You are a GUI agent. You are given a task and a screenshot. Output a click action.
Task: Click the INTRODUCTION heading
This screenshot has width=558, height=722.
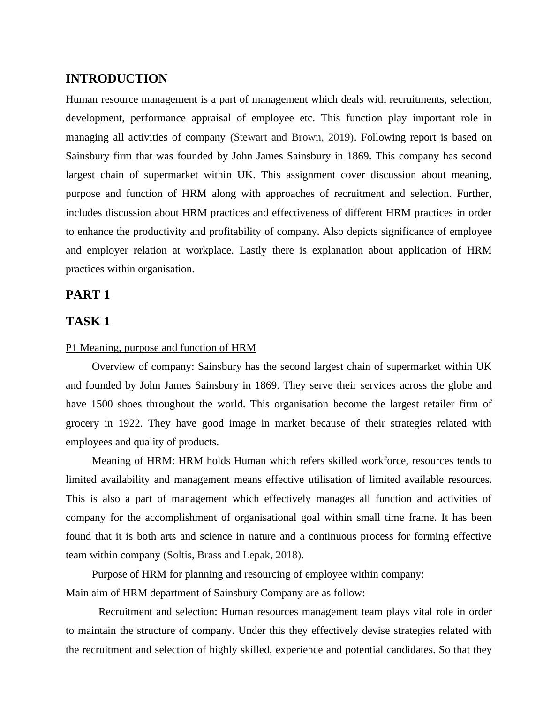tap(116, 79)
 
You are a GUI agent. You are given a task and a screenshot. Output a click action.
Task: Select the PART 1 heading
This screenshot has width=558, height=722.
tap(88, 295)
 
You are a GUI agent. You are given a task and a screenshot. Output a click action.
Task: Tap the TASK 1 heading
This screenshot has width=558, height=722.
tap(88, 322)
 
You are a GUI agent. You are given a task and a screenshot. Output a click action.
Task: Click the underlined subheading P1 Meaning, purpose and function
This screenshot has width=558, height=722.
tap(160, 348)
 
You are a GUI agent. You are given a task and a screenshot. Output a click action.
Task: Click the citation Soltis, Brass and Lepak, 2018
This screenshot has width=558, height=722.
tap(233, 555)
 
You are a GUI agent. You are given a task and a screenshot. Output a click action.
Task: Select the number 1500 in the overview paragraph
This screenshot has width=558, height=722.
tap(102, 404)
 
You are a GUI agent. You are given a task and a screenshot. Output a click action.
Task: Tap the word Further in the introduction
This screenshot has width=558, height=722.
tap(474, 194)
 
